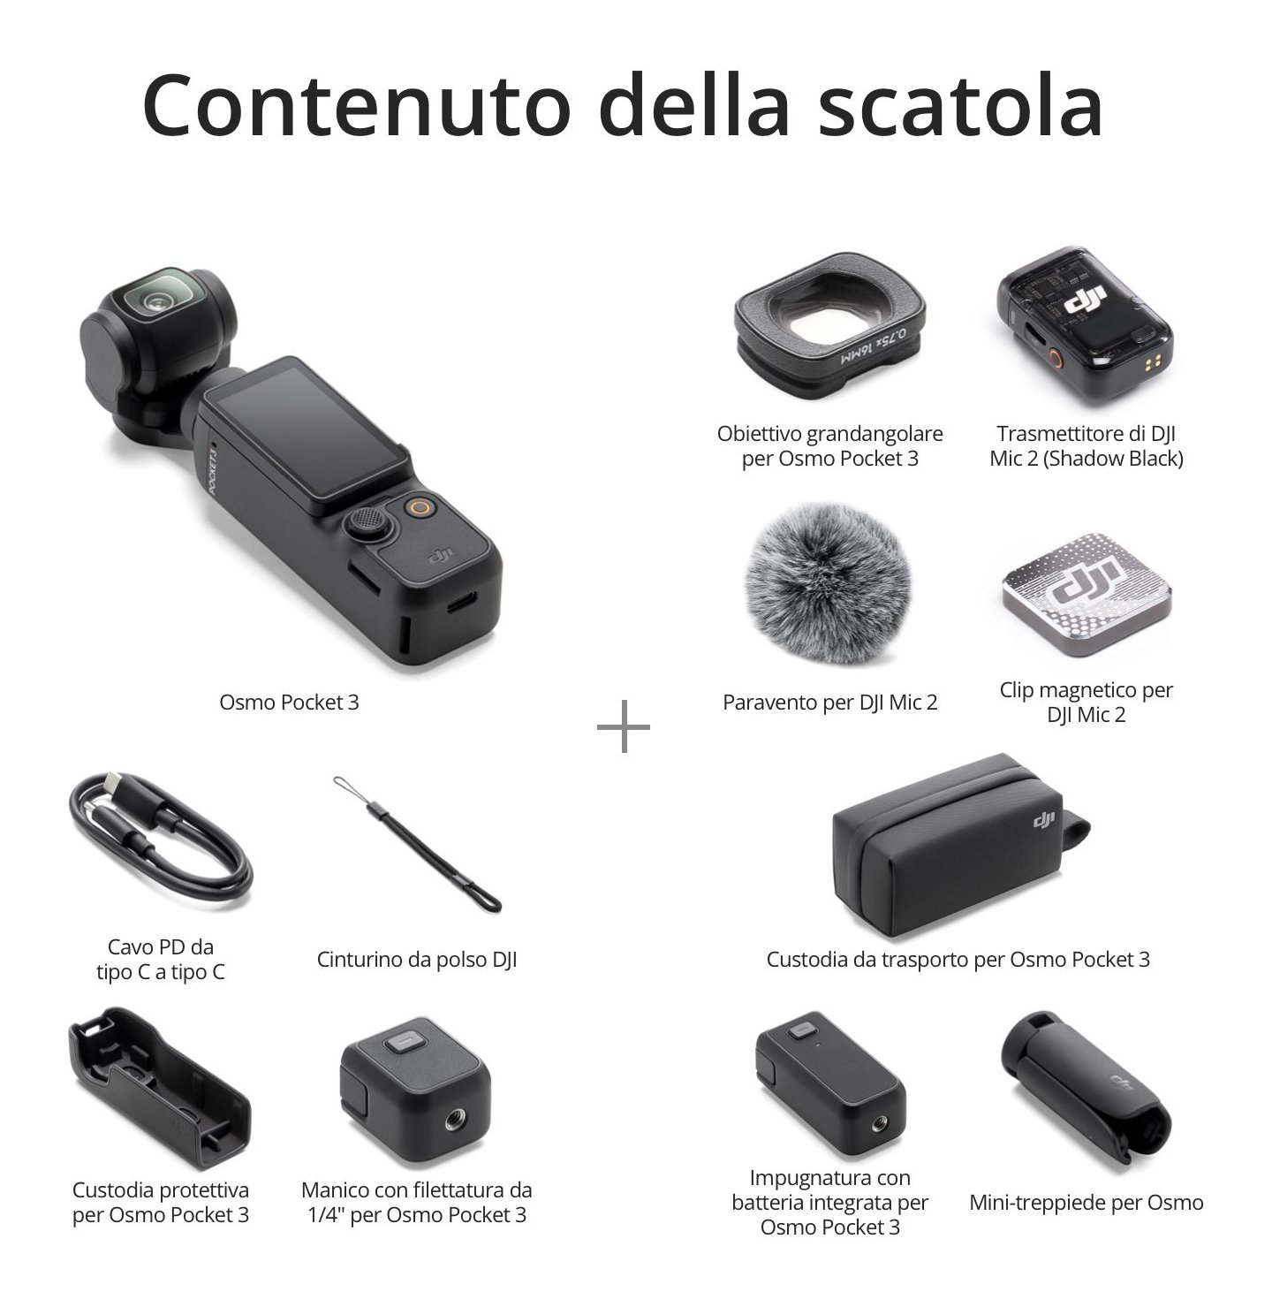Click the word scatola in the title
coord(960,105)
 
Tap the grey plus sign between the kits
coord(623,726)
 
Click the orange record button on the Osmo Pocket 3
coord(420,507)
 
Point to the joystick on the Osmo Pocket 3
coord(365,521)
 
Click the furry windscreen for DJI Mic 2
coord(829,582)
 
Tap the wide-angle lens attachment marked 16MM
coord(829,325)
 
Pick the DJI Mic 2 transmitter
coord(1085,325)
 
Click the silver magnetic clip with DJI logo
coord(1086,595)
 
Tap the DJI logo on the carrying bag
coord(1043,818)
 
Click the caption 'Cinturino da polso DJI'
coord(417,959)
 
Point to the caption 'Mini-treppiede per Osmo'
coord(1086,1202)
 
